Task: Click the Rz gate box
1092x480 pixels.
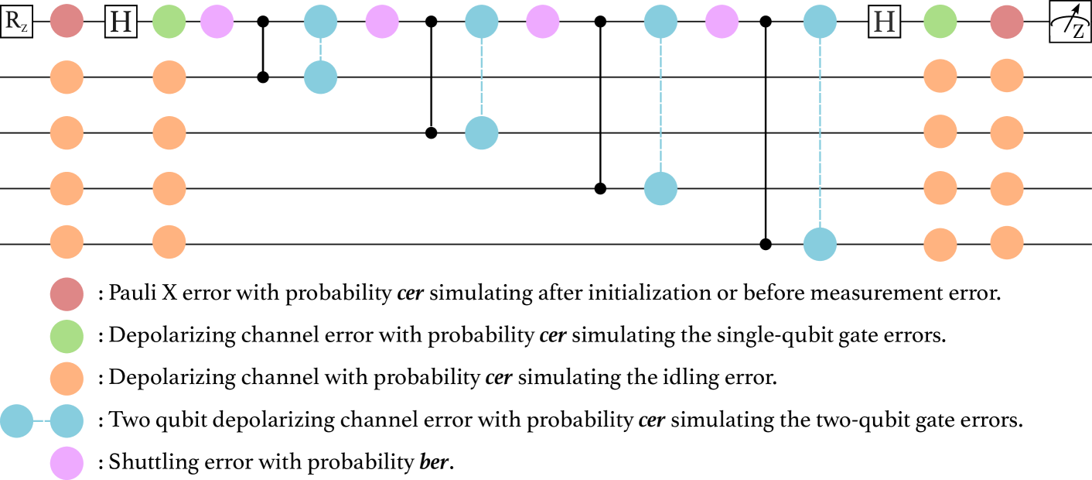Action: (x=17, y=22)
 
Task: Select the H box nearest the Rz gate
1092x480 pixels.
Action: (x=121, y=22)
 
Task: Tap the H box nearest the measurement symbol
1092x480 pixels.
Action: (x=884, y=22)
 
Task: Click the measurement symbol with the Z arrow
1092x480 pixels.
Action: (x=1070, y=22)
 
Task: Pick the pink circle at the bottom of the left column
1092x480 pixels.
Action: (x=67, y=464)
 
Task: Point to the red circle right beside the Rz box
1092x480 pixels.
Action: (x=67, y=22)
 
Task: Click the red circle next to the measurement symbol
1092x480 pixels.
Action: (x=1007, y=22)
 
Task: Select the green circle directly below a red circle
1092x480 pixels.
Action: (x=67, y=337)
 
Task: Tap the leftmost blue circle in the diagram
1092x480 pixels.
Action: (x=17, y=422)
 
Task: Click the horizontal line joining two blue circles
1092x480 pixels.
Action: (x=42, y=422)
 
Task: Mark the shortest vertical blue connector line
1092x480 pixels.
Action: (x=320, y=50)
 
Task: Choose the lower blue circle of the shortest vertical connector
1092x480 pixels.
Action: (x=320, y=77)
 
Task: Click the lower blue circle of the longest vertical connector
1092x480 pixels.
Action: (x=820, y=245)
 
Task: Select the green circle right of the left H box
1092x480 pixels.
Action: (x=169, y=22)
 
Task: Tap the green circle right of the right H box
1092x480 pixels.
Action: (x=940, y=22)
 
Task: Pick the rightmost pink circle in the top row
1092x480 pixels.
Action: (x=722, y=22)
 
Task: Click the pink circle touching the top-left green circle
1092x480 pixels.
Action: (x=217, y=22)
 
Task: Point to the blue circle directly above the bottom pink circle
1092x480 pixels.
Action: (x=67, y=422)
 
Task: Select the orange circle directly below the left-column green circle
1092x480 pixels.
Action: (x=67, y=379)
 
